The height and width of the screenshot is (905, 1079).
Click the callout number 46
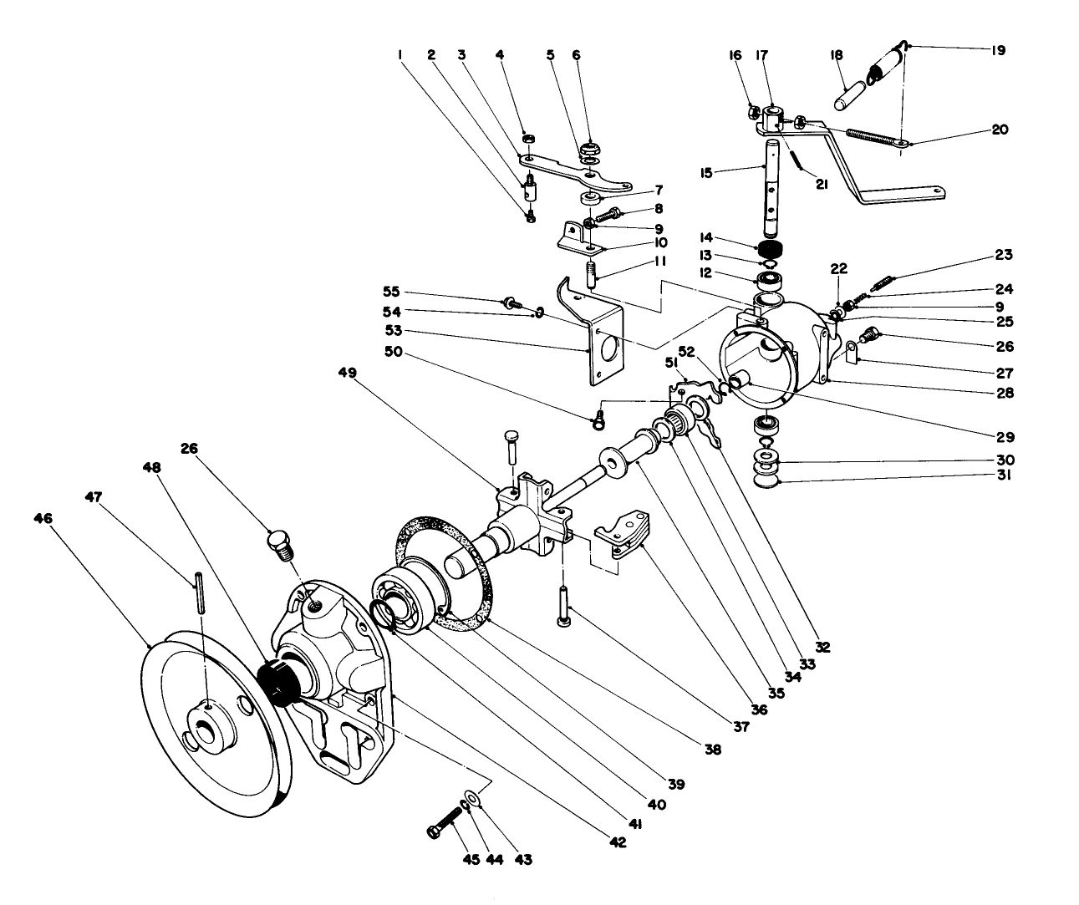pos(43,519)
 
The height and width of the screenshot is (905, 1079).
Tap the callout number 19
pos(997,50)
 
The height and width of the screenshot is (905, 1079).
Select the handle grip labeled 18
pos(855,86)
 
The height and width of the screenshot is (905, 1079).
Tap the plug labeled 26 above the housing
pos(280,544)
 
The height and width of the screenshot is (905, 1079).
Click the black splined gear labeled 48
pos(276,681)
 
